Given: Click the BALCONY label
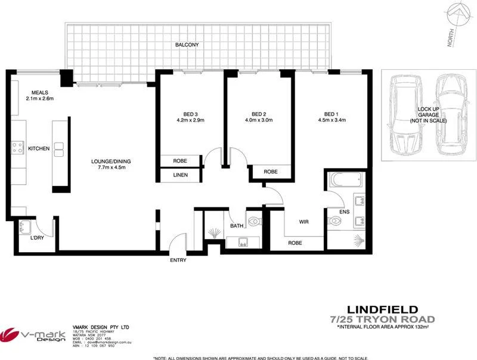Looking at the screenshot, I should point(187,45).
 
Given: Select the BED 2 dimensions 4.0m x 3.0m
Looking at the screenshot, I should point(258,120).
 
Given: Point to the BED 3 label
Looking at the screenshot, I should point(190,114).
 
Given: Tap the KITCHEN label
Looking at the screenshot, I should point(39,148).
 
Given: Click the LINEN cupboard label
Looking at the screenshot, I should point(181,175).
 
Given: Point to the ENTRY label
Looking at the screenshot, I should point(178,260).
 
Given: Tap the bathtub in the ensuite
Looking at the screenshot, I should point(342,179).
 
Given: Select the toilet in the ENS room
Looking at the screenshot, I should point(336,221).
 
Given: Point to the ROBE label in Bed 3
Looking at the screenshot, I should point(181,161).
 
